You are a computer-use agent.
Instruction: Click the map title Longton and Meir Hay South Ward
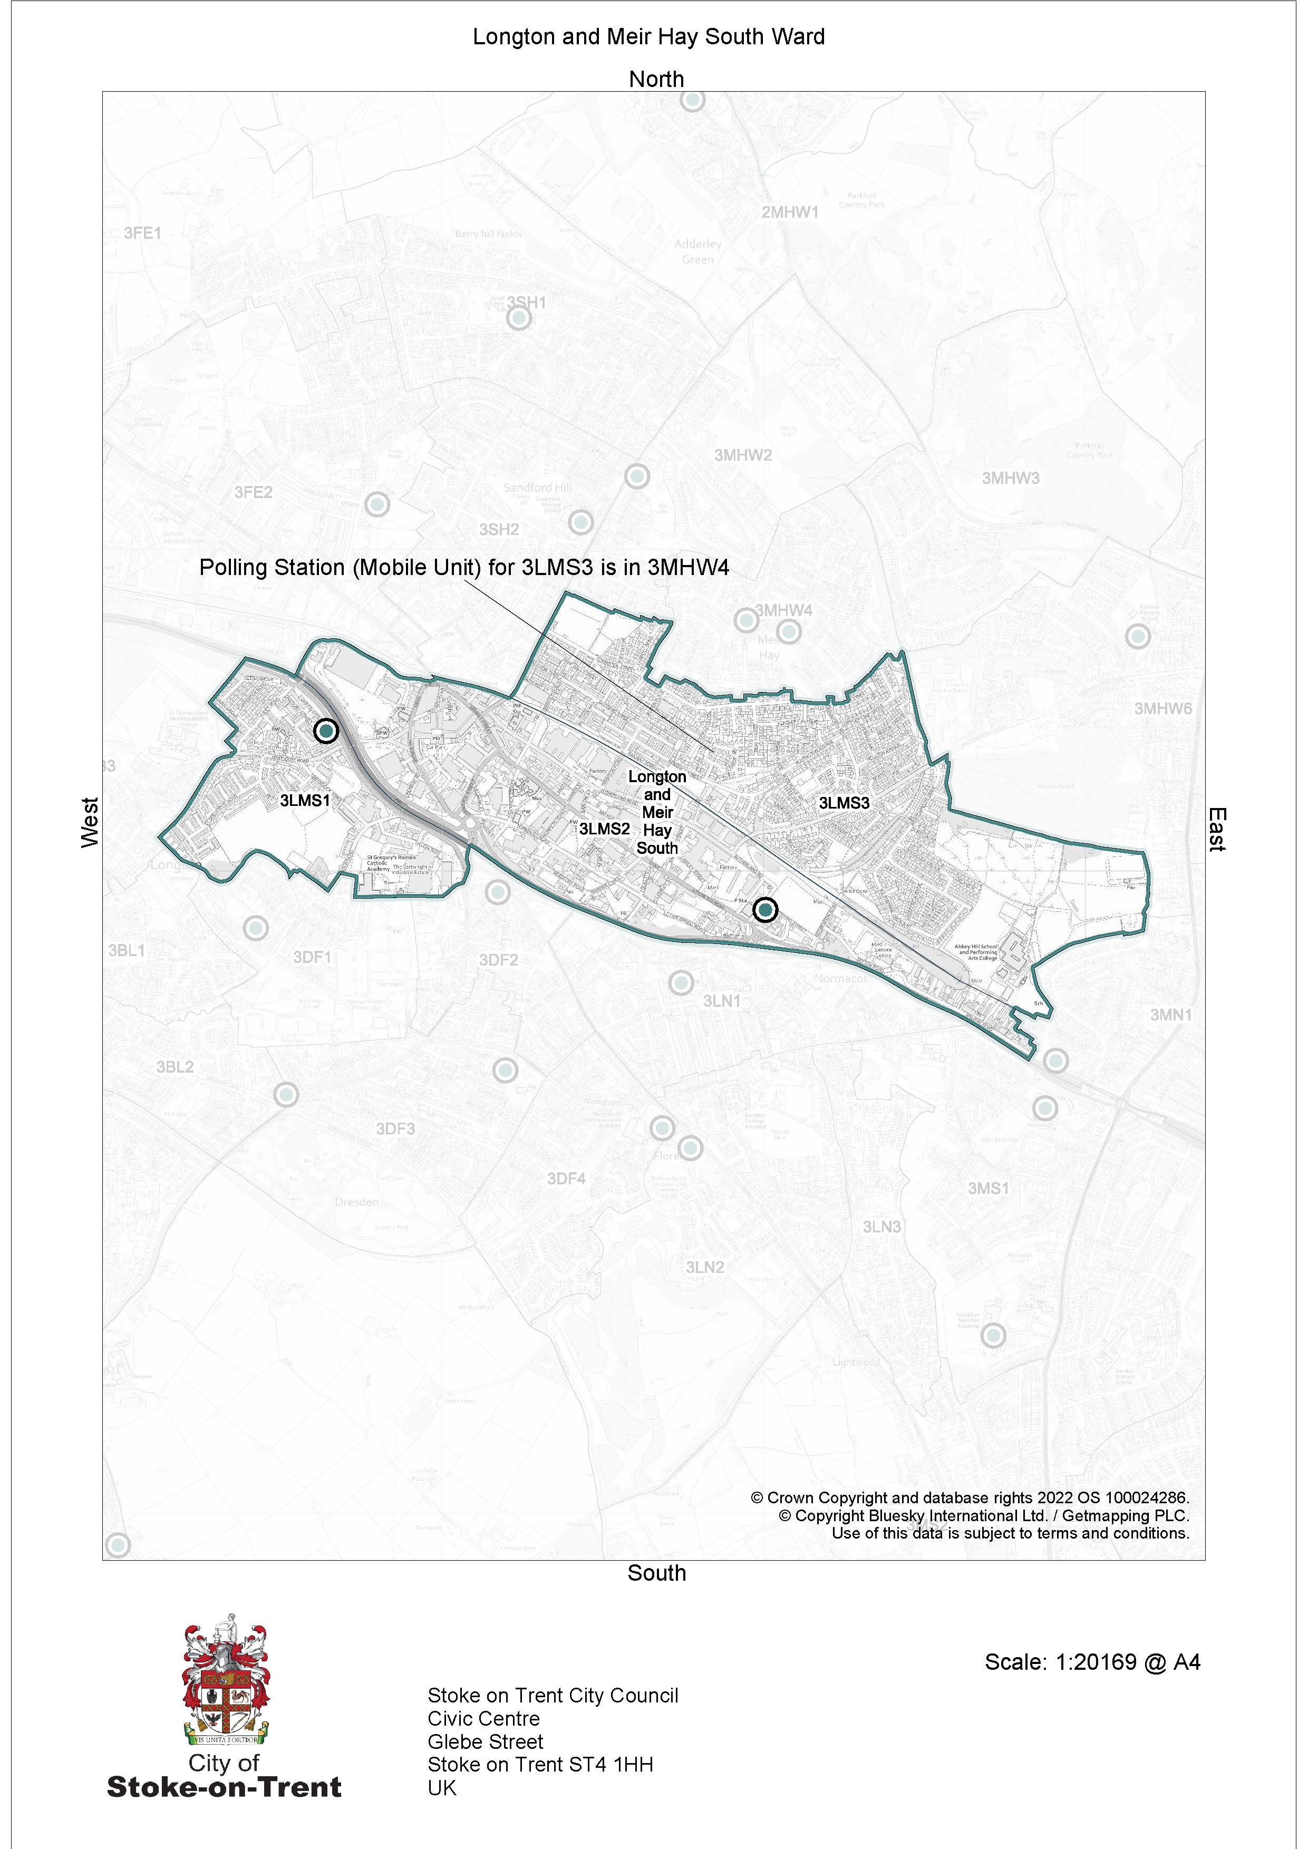648,37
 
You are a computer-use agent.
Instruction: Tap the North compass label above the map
656,80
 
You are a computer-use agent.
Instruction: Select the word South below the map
656,1573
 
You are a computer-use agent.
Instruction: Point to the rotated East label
1216,830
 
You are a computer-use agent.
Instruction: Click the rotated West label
90,822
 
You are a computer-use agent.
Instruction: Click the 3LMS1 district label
305,801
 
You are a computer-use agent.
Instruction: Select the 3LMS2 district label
604,829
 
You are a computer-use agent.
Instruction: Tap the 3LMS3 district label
844,803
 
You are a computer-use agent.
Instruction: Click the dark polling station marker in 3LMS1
325,731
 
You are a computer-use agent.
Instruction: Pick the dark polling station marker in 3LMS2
764,910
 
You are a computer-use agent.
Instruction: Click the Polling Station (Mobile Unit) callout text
464,568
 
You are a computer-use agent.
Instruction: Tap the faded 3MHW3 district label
1010,479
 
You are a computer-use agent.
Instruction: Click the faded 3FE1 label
142,233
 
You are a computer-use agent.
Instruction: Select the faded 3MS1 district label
988,1189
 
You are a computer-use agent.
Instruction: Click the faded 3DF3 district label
395,1129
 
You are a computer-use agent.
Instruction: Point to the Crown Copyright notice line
970,1498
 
